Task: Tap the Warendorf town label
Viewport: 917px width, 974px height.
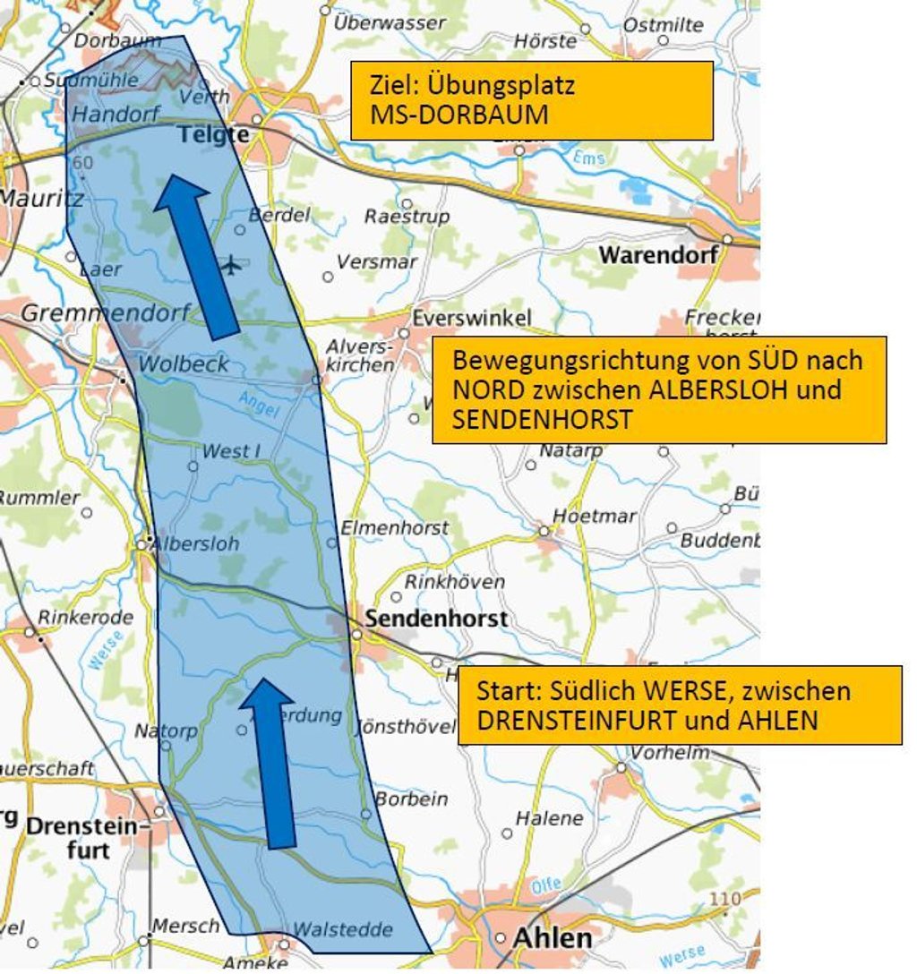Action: pyautogui.click(x=658, y=254)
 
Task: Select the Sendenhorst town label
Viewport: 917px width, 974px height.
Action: pyautogui.click(x=436, y=618)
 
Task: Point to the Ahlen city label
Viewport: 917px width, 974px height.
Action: pyautogui.click(x=552, y=938)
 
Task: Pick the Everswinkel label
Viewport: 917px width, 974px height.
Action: pyautogui.click(x=471, y=318)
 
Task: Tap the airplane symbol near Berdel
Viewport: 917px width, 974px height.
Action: pyautogui.click(x=232, y=265)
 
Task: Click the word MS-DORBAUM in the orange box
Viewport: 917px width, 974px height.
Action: pyautogui.click(x=458, y=116)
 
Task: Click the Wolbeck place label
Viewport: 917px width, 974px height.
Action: pyautogui.click(x=184, y=363)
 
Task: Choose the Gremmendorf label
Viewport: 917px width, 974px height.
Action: pyautogui.click(x=106, y=313)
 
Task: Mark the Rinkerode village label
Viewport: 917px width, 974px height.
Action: pyautogui.click(x=85, y=617)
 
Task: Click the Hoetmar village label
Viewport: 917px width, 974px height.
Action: pyautogui.click(x=594, y=516)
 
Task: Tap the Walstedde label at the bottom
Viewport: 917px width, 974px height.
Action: pyautogui.click(x=330, y=929)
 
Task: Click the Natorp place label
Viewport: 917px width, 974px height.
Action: pyautogui.click(x=166, y=730)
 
